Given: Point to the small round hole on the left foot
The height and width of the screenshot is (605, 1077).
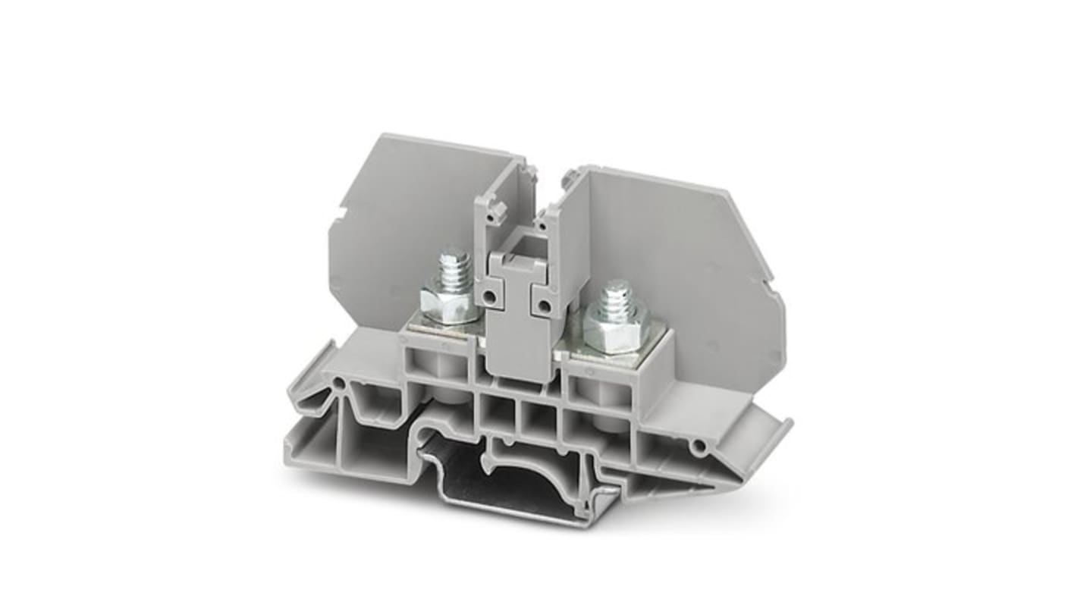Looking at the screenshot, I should pos(338,384).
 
